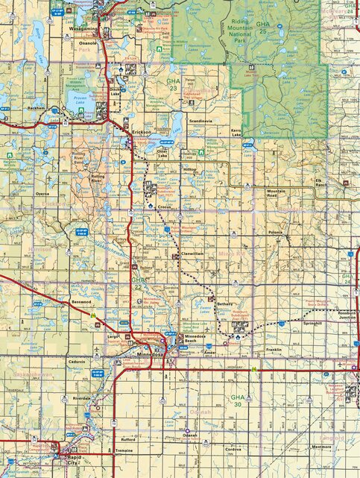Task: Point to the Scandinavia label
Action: click(x=201, y=120)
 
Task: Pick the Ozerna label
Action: click(x=42, y=194)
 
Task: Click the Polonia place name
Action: click(x=277, y=232)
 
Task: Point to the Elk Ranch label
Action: click(x=322, y=183)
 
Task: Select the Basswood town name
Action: click(x=80, y=302)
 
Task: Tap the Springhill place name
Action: click(x=312, y=324)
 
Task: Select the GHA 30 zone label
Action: click(x=238, y=400)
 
